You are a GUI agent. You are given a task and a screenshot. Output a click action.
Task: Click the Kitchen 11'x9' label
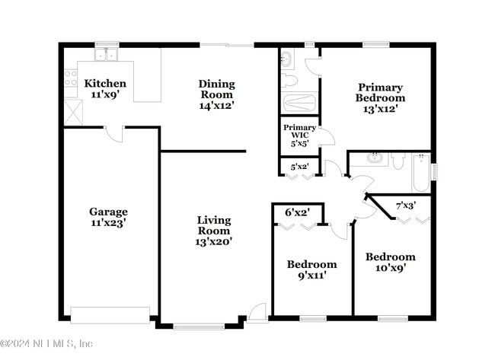click(105, 89)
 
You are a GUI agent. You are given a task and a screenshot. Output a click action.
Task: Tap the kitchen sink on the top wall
click(107, 55)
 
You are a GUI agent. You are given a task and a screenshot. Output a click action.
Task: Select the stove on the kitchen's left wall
click(71, 77)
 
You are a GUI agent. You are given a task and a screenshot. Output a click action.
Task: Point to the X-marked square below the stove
click(74, 113)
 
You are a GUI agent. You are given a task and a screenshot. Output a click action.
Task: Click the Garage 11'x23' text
click(107, 218)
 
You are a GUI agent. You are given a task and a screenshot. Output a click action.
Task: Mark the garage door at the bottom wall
click(110, 314)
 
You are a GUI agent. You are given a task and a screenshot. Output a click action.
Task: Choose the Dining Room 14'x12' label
click(217, 94)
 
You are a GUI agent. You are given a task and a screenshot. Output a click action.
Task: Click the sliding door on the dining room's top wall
click(228, 46)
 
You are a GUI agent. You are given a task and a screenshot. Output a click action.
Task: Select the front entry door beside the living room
click(257, 313)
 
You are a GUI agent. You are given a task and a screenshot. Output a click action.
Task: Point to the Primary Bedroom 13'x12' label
click(381, 98)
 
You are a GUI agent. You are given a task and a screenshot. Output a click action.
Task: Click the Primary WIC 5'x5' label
click(299, 134)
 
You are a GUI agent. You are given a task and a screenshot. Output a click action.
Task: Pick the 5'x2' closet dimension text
click(299, 167)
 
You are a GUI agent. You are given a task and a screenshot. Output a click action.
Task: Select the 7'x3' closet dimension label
click(405, 205)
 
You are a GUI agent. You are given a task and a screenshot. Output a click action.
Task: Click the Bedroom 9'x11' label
click(311, 270)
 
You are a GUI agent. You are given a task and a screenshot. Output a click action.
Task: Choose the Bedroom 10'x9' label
click(390, 263)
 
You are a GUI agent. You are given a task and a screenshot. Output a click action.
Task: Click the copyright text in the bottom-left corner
click(47, 343)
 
